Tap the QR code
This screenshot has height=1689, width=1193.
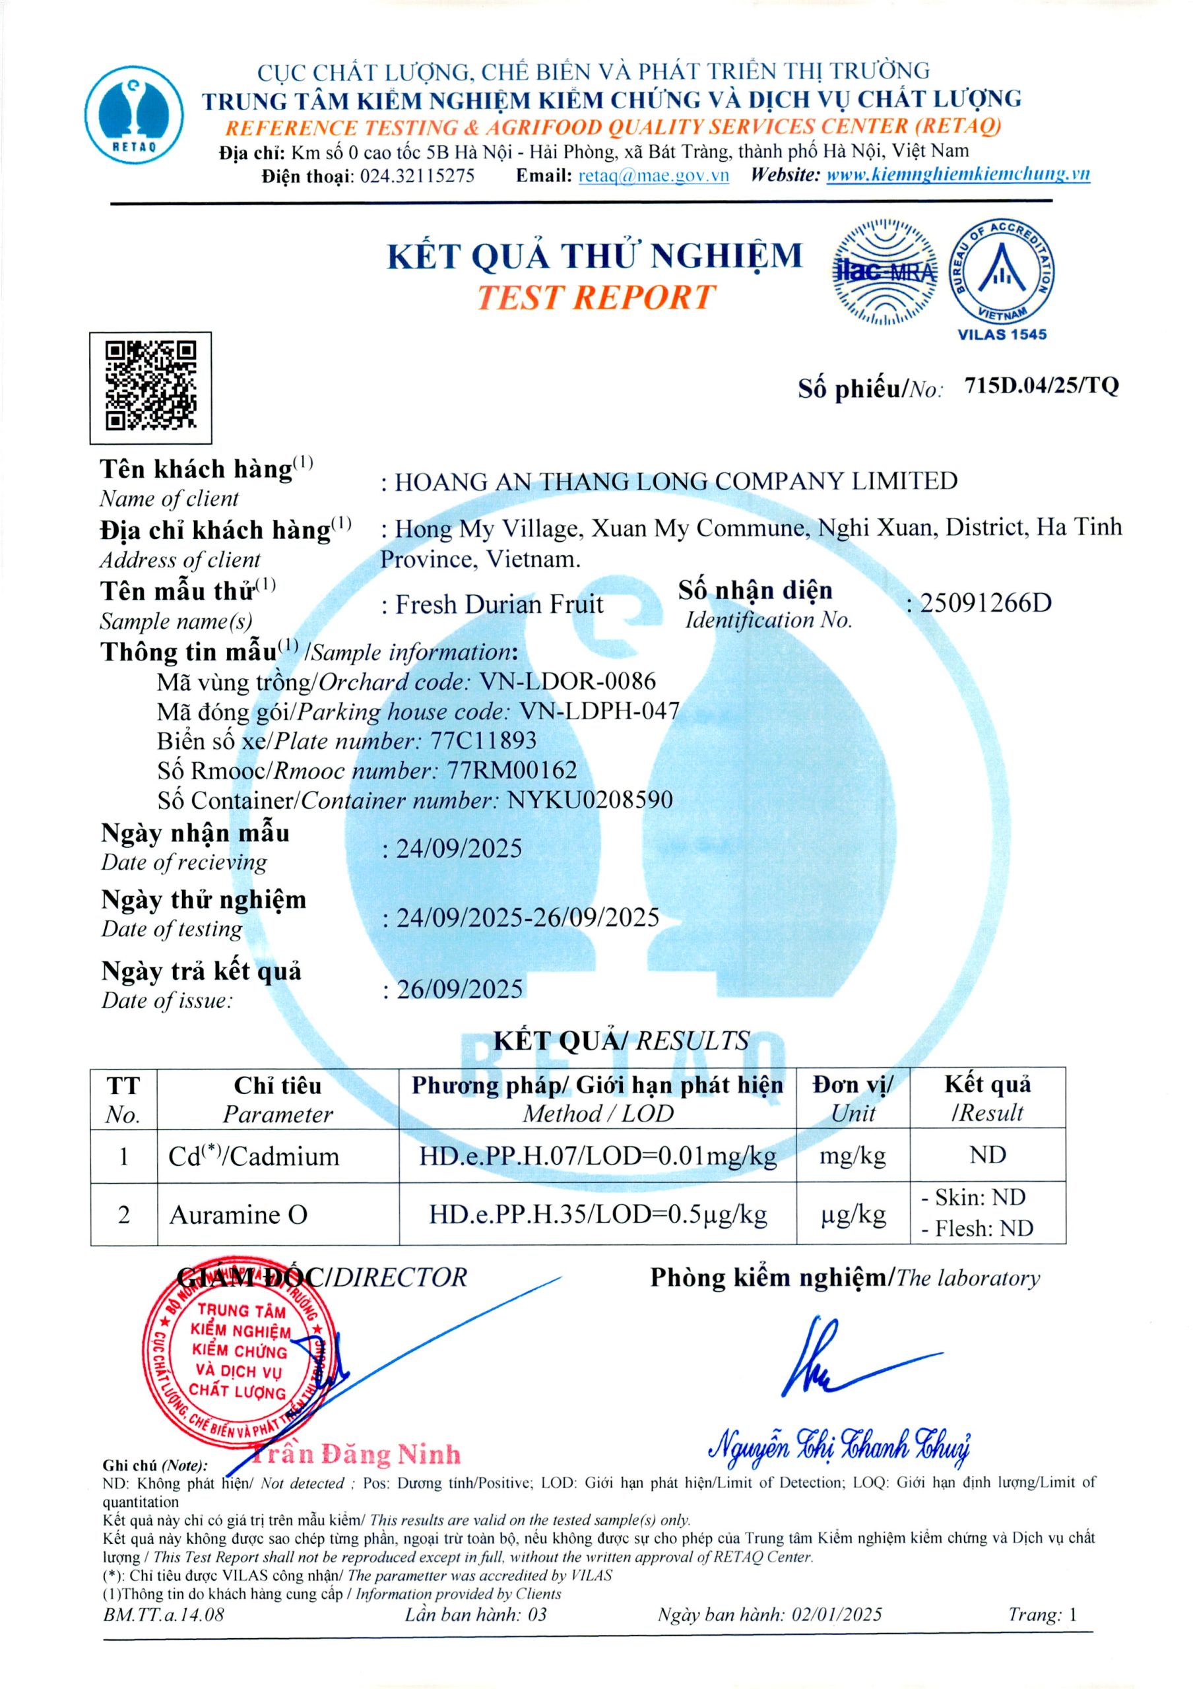pyautogui.click(x=151, y=388)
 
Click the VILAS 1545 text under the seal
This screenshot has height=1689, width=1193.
pyautogui.click(x=1002, y=335)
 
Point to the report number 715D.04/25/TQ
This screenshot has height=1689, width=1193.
pyautogui.click(x=1041, y=385)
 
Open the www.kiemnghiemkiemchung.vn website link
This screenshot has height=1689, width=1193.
pyautogui.click(x=957, y=175)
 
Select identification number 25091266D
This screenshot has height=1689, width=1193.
pyautogui.click(x=986, y=603)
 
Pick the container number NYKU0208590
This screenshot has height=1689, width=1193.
pyautogui.click(x=590, y=800)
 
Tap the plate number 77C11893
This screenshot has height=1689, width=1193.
pyautogui.click(x=483, y=740)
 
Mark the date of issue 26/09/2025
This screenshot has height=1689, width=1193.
pyautogui.click(x=460, y=990)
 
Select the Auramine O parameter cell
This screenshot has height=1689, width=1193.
pyautogui.click(x=238, y=1215)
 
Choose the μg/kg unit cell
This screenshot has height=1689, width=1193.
pyautogui.click(x=853, y=1215)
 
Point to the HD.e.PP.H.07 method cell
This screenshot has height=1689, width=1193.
pyautogui.click(x=597, y=1156)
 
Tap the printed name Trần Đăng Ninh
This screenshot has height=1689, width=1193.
pyautogui.click(x=357, y=1454)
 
